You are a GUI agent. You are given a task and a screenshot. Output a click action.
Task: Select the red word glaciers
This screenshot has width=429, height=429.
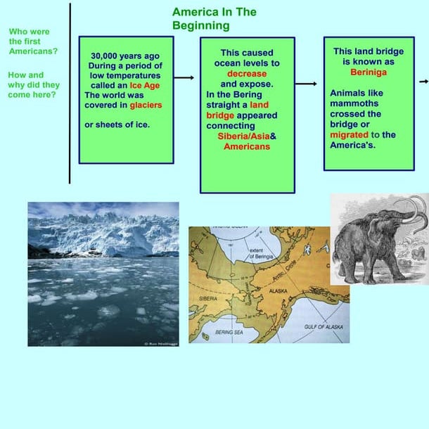pos(146,105)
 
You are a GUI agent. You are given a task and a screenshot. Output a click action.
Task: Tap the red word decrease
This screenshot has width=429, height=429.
pos(247,73)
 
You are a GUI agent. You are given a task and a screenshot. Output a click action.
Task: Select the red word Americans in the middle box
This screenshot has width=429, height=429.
pos(247,146)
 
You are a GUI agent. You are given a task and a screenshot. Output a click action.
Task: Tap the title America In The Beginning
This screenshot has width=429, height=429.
pos(214,19)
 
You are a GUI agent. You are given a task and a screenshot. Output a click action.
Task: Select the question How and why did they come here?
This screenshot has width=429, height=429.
pos(33,85)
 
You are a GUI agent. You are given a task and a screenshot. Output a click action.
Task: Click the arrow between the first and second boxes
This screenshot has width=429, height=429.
pos(184,78)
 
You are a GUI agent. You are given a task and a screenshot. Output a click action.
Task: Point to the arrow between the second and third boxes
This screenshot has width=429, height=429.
pos(306,84)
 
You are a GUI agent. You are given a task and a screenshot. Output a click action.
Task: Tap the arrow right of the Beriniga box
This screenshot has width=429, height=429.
pos(423,82)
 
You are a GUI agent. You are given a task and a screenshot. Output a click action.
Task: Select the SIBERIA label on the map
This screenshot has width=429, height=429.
pos(207,298)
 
